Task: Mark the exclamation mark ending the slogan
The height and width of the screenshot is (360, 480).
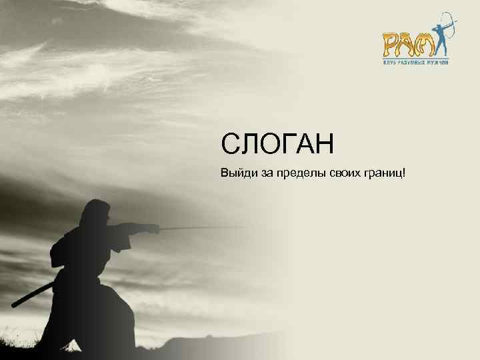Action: click(x=405, y=173)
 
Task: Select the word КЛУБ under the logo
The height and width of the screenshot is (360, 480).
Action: click(x=389, y=61)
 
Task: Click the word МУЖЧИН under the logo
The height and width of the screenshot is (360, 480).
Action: click(x=437, y=61)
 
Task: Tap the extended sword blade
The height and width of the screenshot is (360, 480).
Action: click(x=200, y=228)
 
